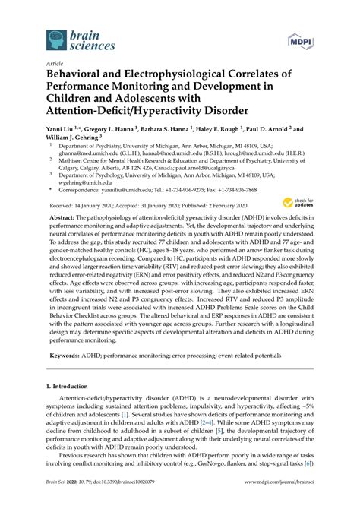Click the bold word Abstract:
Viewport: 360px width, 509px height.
tap(62, 217)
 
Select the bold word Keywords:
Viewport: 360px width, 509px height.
tap(65, 356)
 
